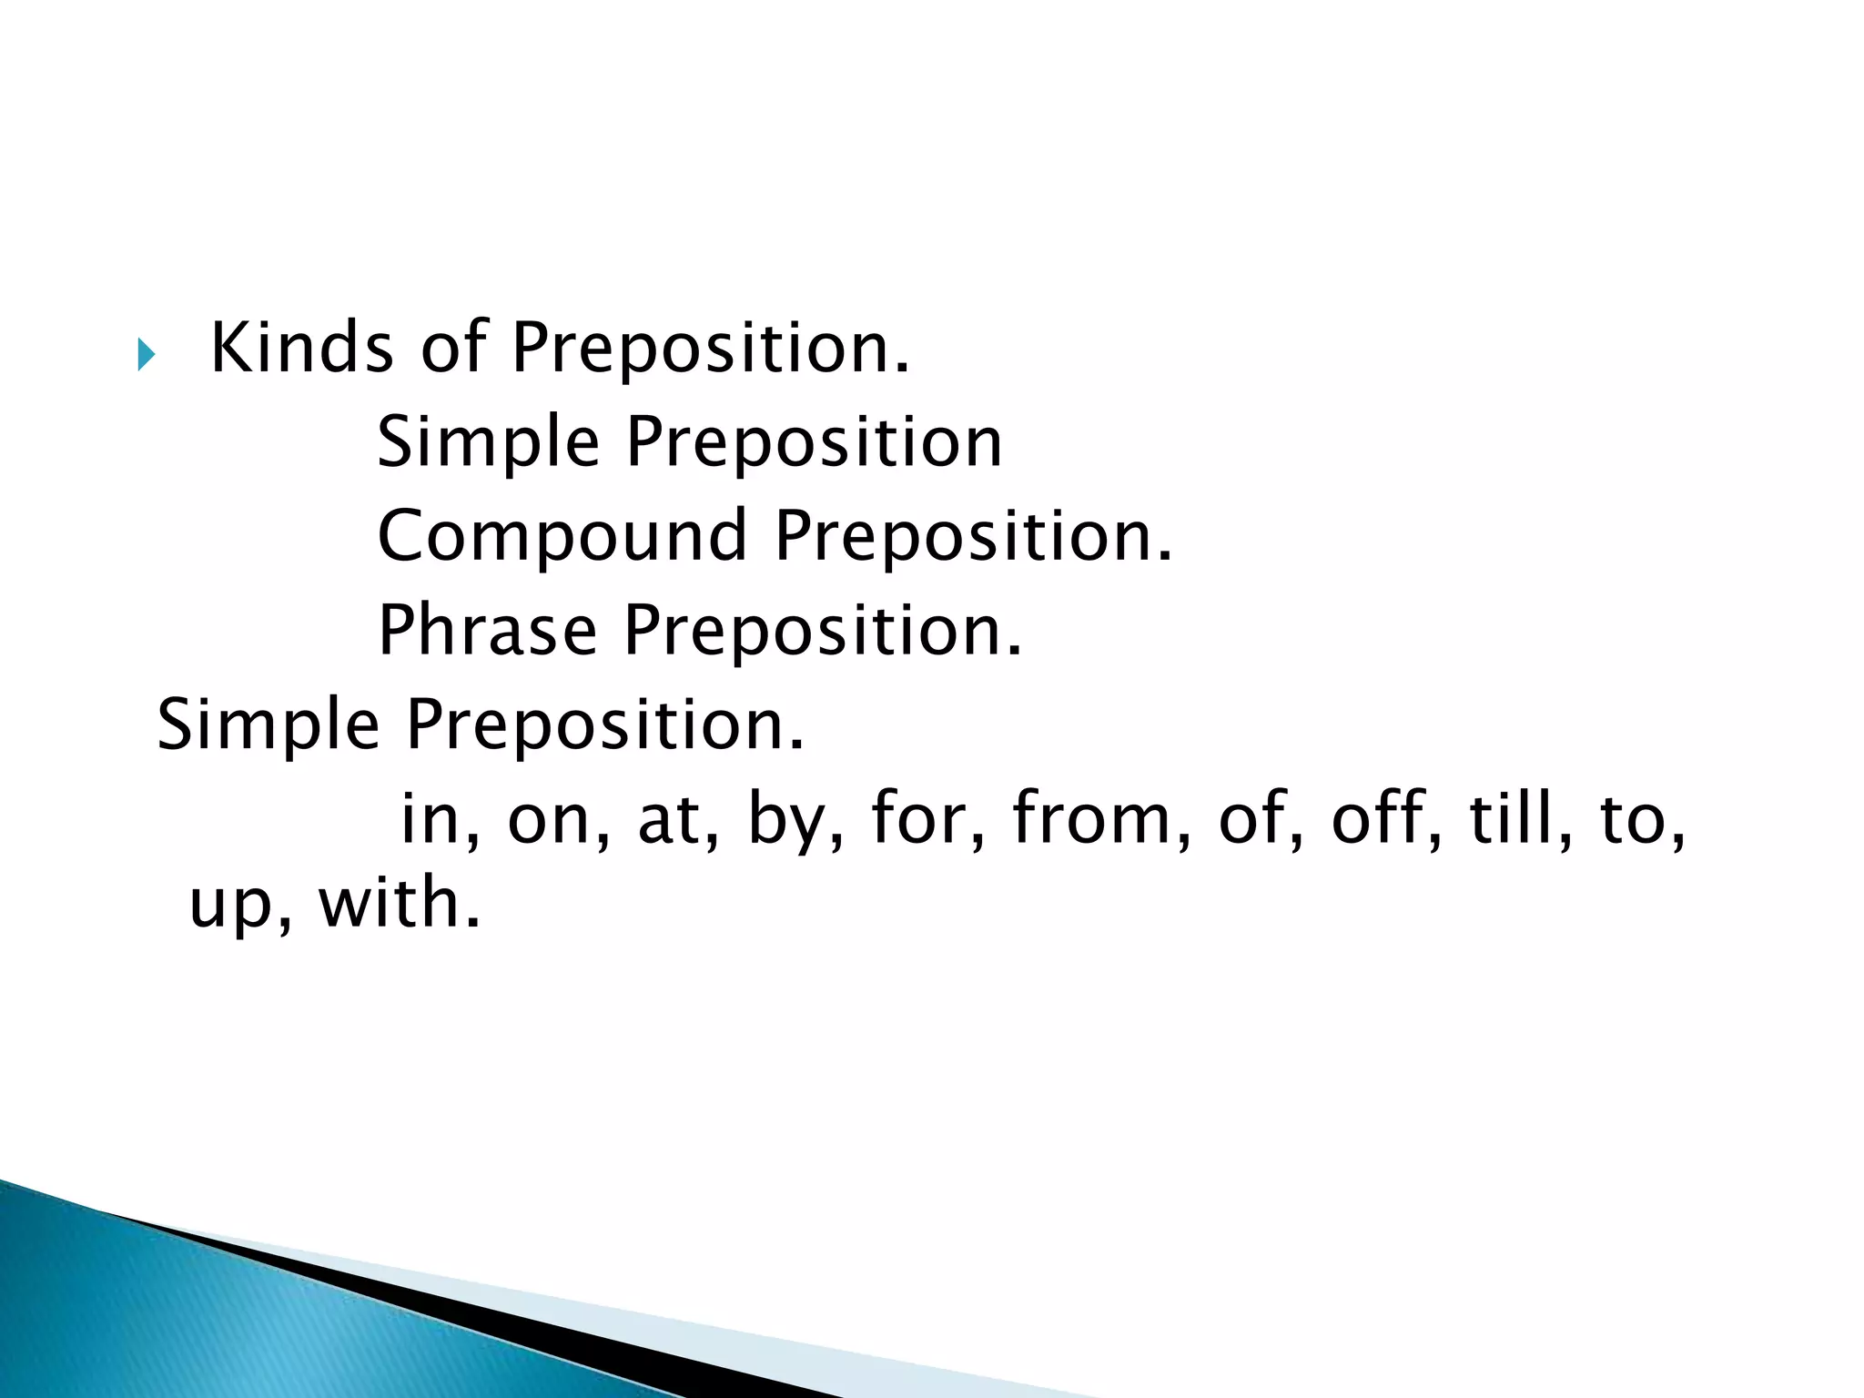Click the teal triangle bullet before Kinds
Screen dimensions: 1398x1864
click(146, 354)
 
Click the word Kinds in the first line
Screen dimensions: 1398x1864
click(301, 348)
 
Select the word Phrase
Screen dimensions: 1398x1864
click(487, 630)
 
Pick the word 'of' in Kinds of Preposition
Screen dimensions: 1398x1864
click(452, 348)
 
